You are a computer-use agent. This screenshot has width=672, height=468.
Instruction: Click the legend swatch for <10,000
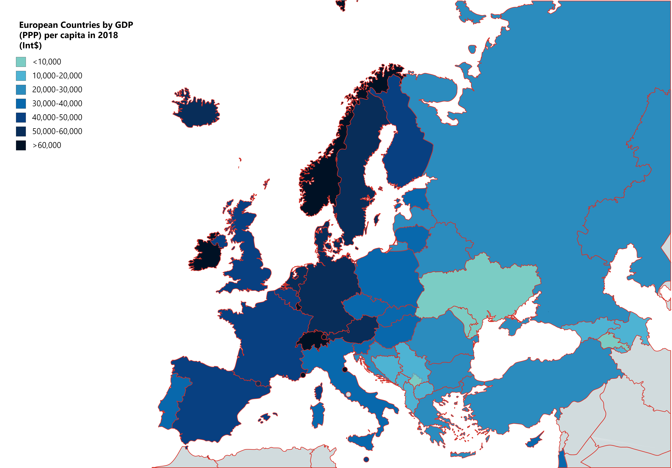point(21,62)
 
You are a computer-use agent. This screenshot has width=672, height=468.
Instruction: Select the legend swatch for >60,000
point(21,145)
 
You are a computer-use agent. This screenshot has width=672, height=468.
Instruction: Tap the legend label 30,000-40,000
point(57,103)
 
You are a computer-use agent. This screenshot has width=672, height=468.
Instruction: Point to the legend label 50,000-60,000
point(57,131)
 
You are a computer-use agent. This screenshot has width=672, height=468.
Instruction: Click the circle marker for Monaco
point(303,375)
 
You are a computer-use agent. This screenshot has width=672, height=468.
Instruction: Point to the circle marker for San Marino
point(345,370)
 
